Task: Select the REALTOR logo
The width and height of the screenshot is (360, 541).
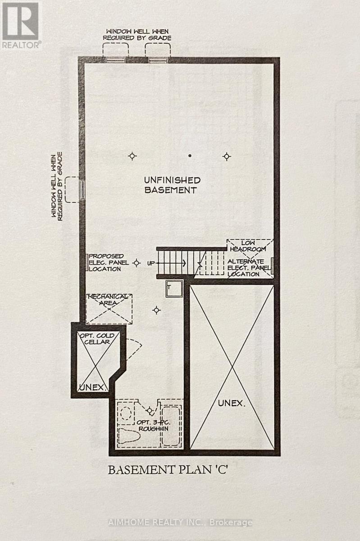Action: pos(20,25)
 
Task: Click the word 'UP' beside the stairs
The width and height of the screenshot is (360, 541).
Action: pos(150,263)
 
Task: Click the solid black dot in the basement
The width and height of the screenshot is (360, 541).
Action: pos(190,156)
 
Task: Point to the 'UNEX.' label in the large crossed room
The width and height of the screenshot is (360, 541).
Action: pos(232,403)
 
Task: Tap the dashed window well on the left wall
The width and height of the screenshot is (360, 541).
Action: pos(72,189)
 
